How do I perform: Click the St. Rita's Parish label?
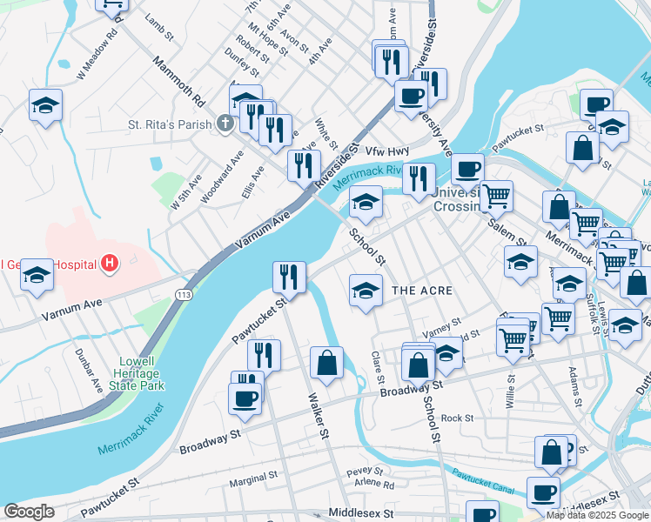[170, 124]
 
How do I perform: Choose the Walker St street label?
[318, 414]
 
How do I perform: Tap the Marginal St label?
[252, 478]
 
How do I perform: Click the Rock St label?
[457, 418]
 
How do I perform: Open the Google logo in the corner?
[29, 512]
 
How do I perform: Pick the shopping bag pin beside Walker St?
[326, 363]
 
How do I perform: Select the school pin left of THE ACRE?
[366, 290]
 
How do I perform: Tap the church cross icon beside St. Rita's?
[225, 124]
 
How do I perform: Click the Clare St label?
[378, 371]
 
